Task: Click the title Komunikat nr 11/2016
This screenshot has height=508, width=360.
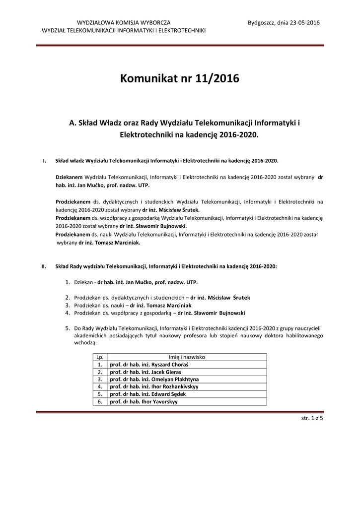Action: (x=180, y=78)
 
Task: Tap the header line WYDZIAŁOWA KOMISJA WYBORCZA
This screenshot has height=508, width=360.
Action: (x=124, y=23)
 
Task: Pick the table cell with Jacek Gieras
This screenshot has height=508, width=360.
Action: (x=145, y=372)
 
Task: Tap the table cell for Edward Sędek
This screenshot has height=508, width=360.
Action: (x=148, y=394)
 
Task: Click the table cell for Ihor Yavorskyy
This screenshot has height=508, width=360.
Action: (x=144, y=402)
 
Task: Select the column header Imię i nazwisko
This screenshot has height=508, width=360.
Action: (x=187, y=357)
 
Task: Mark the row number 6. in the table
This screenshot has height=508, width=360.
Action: (x=100, y=402)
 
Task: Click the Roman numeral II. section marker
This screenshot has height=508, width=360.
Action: (x=44, y=266)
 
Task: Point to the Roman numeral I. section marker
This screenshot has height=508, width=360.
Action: (x=45, y=161)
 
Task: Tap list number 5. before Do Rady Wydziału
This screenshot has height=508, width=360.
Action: (x=68, y=328)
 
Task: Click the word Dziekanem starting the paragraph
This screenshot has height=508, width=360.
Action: (x=69, y=177)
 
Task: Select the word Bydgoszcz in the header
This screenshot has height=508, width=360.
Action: (x=261, y=23)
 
